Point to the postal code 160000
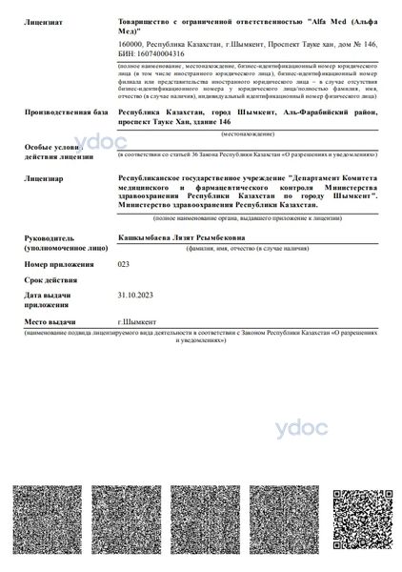(129, 44)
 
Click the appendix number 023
(123, 262)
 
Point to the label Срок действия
(50, 280)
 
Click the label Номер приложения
(59, 263)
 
